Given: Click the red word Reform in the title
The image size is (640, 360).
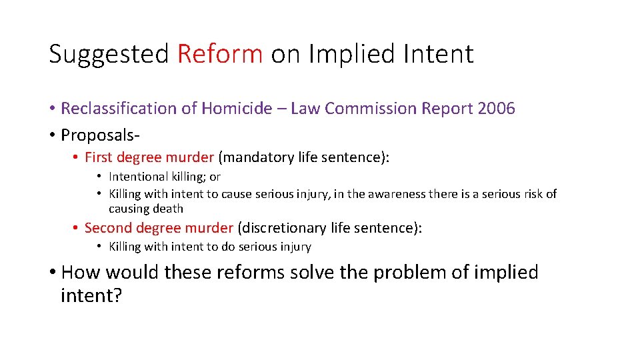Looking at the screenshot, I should point(220,54).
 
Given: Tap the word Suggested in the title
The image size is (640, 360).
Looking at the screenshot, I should point(109,54).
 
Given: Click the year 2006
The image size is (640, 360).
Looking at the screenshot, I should point(496,109).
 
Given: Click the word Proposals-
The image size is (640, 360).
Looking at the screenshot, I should point(100,135).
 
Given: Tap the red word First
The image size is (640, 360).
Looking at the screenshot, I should point(98,158).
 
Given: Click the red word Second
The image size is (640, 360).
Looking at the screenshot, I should point(107,228).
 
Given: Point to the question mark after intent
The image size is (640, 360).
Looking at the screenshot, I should point(118,295).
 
